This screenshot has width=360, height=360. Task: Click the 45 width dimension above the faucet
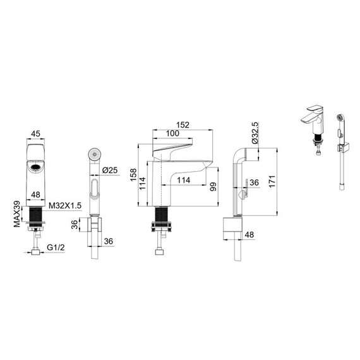35,134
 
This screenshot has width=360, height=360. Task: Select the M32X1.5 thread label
65,206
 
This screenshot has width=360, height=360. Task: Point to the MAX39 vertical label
17,214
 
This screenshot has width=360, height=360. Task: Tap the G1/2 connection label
56,248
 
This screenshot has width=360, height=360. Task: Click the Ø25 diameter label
110,170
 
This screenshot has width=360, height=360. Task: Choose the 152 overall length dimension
183,125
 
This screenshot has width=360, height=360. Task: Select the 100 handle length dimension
172,133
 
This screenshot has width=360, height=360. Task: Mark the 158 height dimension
133,175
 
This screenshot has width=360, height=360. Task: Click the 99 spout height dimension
213,187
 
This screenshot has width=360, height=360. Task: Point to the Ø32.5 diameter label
255,133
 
